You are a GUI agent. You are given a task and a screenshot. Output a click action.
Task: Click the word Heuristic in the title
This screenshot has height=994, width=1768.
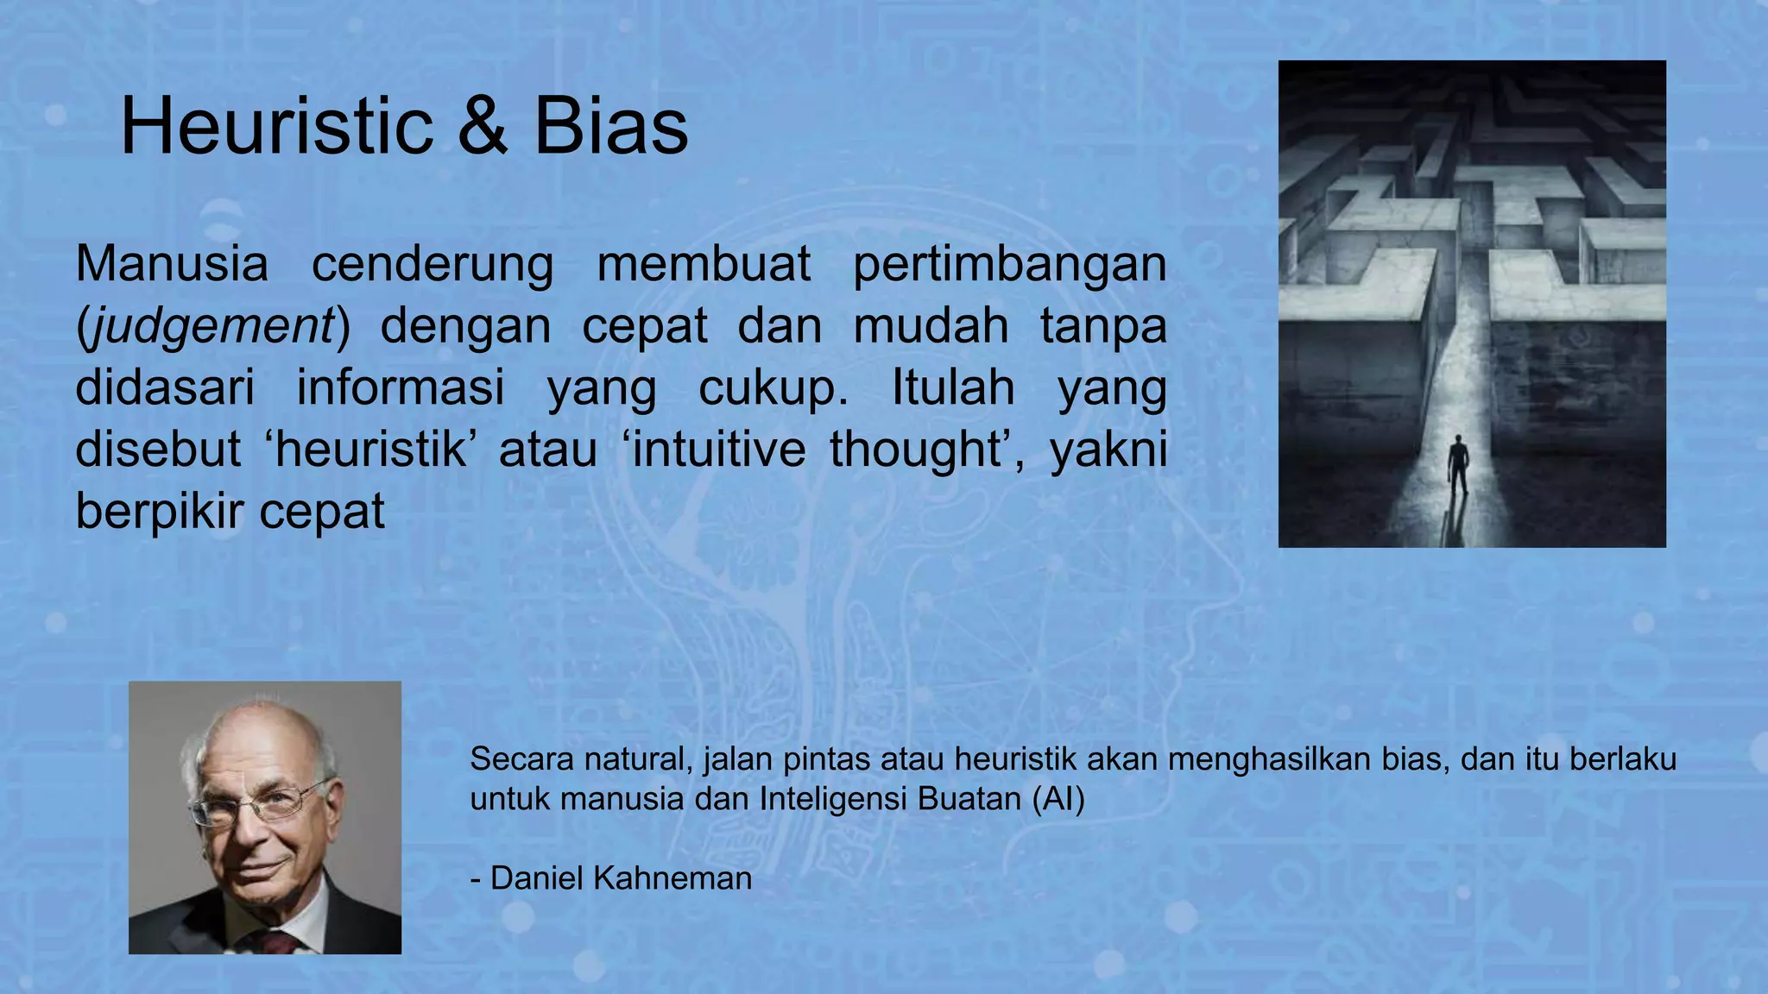click(x=276, y=128)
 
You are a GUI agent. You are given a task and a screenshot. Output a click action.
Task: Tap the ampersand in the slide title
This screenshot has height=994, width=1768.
click(x=482, y=128)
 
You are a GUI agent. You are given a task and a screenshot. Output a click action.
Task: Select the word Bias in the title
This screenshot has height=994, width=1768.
click(x=610, y=128)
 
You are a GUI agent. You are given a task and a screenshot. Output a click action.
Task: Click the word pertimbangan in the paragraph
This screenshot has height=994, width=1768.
click(x=1009, y=265)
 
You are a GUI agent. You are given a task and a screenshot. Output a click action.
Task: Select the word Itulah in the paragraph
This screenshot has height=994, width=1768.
click(x=952, y=387)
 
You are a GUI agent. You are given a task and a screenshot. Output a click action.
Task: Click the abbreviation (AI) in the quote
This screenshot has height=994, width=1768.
click(x=1058, y=799)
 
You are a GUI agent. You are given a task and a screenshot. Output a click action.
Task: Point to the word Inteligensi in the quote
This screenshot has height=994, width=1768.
click(x=834, y=800)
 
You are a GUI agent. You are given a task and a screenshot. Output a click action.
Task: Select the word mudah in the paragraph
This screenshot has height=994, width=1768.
click(x=930, y=327)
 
